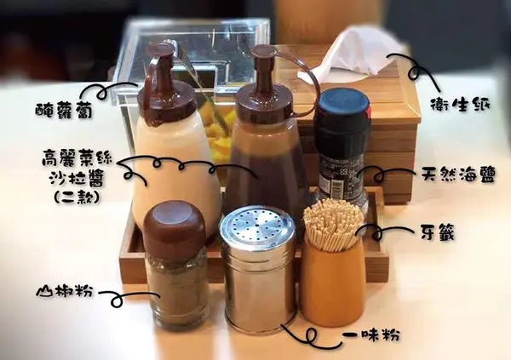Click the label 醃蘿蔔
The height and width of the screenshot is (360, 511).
coord(64,111)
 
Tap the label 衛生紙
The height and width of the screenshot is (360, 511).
coord(460,104)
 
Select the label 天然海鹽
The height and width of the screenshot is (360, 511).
coord(458,175)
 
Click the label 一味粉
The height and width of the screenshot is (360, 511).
coord(371,334)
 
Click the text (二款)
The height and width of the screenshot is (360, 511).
coord(77,197)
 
